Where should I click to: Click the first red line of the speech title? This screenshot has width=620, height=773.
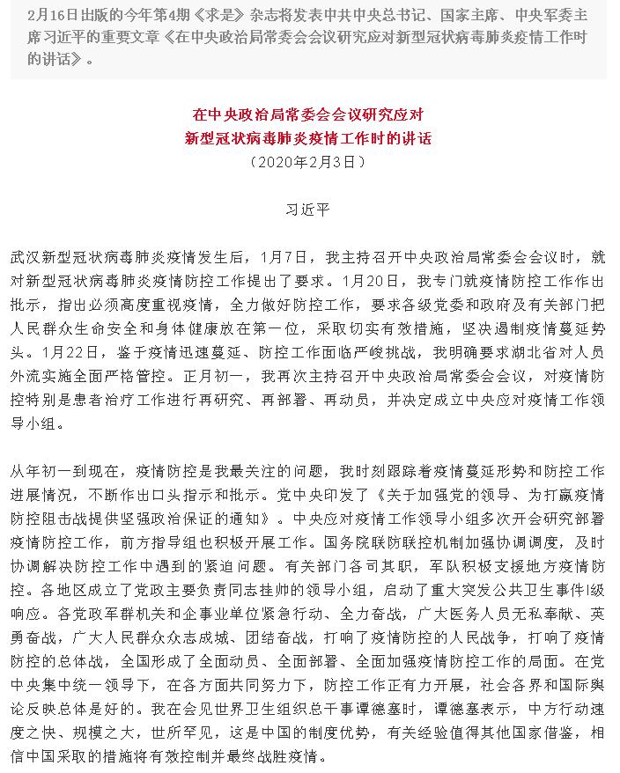(x=309, y=114)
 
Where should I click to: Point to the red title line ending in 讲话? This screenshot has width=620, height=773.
(x=309, y=138)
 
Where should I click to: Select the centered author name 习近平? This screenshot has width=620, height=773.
(x=309, y=210)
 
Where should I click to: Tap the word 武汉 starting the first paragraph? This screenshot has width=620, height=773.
(x=26, y=260)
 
